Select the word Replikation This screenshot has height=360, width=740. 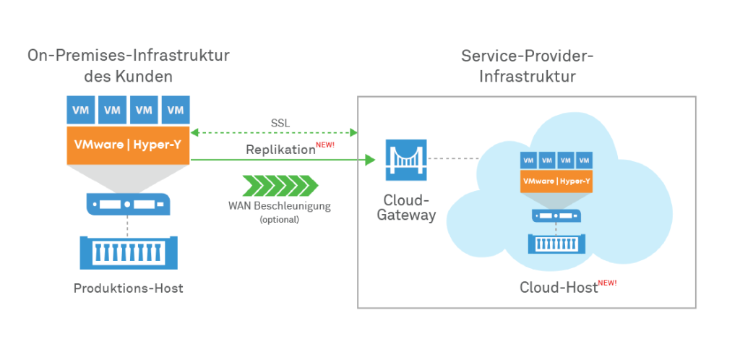[280, 150]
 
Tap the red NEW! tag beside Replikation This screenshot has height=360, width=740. [325, 145]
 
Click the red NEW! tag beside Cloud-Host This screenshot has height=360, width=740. [607, 283]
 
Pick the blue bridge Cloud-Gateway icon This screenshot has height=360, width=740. [406, 160]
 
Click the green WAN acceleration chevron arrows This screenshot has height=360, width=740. [280, 185]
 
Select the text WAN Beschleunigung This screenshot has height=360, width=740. [280, 206]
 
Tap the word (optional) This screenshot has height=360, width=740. [280, 219]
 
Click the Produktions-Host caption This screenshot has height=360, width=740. [129, 288]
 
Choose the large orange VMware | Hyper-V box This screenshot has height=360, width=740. [129, 145]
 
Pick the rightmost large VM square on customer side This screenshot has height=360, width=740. [176, 110]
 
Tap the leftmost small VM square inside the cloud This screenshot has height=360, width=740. [528, 160]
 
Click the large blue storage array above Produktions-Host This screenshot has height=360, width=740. [129, 253]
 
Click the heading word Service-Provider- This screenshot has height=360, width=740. [527, 56]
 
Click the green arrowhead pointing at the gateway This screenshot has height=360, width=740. [371, 160]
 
